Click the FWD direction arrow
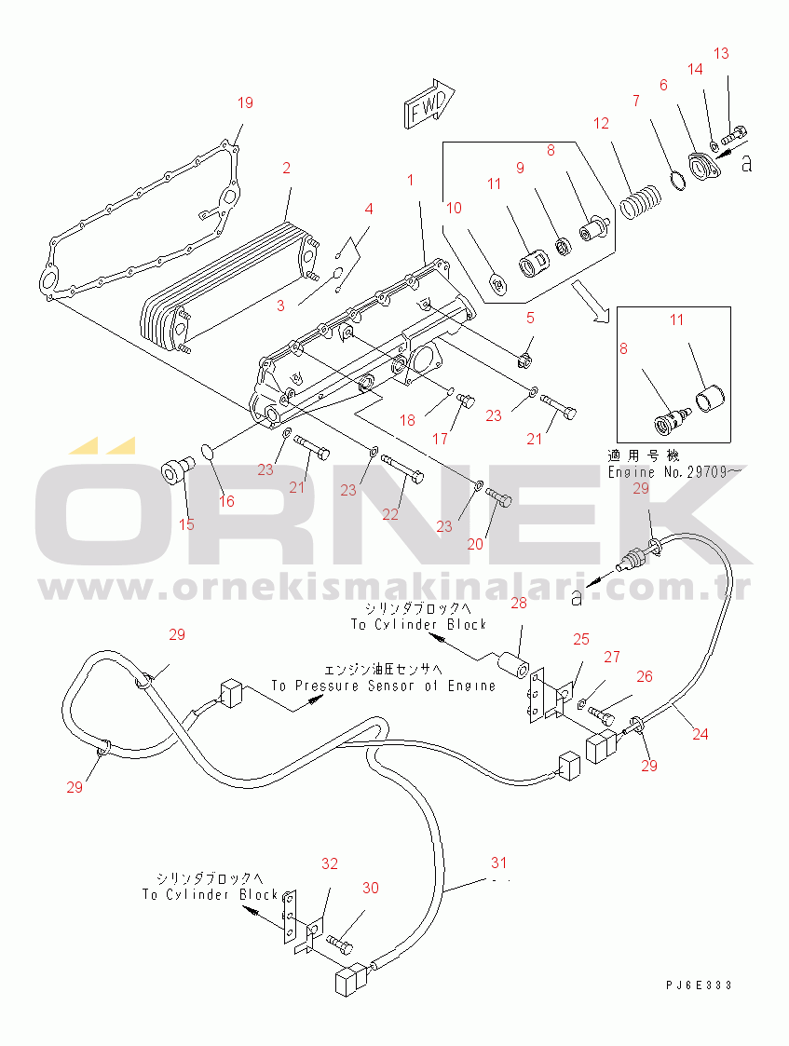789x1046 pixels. (429, 105)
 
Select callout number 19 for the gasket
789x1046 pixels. (245, 102)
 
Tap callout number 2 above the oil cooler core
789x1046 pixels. (286, 169)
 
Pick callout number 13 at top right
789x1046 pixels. (721, 53)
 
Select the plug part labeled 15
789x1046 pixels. (174, 471)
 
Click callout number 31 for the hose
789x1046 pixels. (501, 862)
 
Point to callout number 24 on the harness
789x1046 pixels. (700, 734)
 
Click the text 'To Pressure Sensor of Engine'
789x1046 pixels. (384, 686)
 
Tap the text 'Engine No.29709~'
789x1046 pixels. (674, 473)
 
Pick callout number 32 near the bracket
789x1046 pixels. (330, 863)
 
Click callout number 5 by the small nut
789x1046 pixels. (530, 318)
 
